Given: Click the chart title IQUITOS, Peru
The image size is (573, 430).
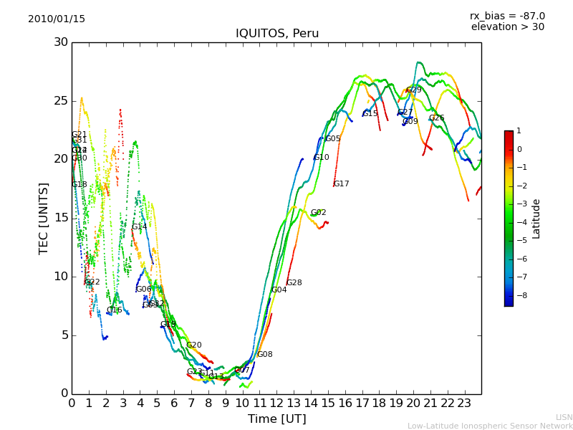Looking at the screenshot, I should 277,34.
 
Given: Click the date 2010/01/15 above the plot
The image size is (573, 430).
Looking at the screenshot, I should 57,19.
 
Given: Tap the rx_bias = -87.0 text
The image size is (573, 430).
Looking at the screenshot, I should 507,16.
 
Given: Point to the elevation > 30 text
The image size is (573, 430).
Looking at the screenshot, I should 507,27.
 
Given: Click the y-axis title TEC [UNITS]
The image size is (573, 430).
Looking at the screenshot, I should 44,218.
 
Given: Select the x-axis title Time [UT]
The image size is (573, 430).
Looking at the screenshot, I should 276,419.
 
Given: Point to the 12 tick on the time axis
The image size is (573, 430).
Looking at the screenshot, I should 276,403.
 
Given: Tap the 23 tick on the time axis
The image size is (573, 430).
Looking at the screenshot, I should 464,403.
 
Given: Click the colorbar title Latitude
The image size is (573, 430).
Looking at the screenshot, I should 536,219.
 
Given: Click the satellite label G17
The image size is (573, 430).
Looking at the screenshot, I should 342,184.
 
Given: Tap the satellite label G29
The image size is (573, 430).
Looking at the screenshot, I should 414,90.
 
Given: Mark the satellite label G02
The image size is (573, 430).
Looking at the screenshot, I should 319,213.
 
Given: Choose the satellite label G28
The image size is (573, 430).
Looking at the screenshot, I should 294,283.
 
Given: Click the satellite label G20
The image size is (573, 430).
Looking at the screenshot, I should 194,345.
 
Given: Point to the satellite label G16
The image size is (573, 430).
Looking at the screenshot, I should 115,310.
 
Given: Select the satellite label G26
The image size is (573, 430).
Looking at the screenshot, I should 437,118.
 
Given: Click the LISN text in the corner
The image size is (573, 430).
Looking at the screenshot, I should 564,417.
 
